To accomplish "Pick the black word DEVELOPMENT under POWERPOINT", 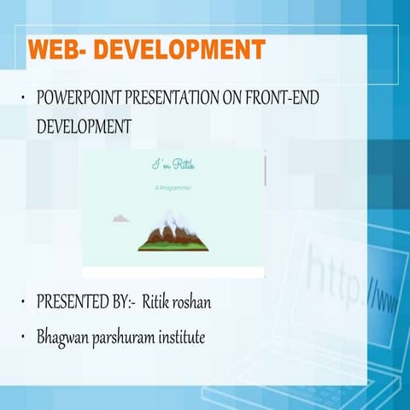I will pos(84,126).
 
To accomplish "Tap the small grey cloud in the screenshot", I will pos(121,219).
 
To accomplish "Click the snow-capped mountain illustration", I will pos(173,231).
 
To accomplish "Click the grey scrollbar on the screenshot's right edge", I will pos(264,169).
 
